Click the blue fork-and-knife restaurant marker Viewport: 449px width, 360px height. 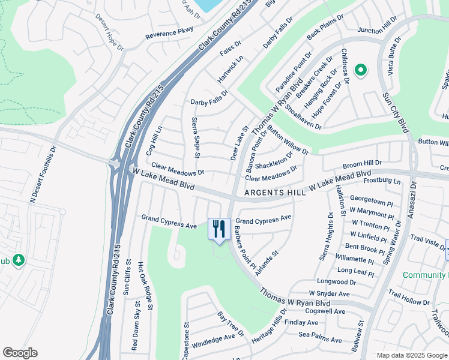[x=219, y=229]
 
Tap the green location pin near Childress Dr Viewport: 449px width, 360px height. [x=360, y=70]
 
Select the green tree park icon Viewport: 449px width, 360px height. [x=18, y=260]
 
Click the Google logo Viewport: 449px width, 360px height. [x=20, y=353]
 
